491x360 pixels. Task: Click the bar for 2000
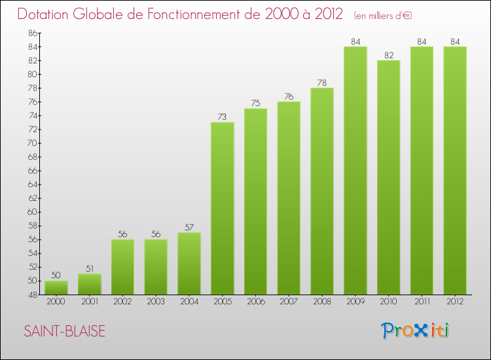(x=56, y=287)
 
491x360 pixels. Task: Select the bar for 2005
(x=223, y=208)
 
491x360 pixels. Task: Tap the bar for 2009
(x=355, y=170)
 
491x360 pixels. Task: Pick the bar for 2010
(x=389, y=177)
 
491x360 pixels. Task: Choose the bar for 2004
(x=189, y=263)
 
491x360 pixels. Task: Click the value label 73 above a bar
(x=223, y=117)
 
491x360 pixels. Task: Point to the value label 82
(x=389, y=56)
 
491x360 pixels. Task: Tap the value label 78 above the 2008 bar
(x=322, y=83)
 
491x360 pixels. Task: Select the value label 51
(x=89, y=268)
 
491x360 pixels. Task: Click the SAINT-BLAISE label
(x=64, y=331)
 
